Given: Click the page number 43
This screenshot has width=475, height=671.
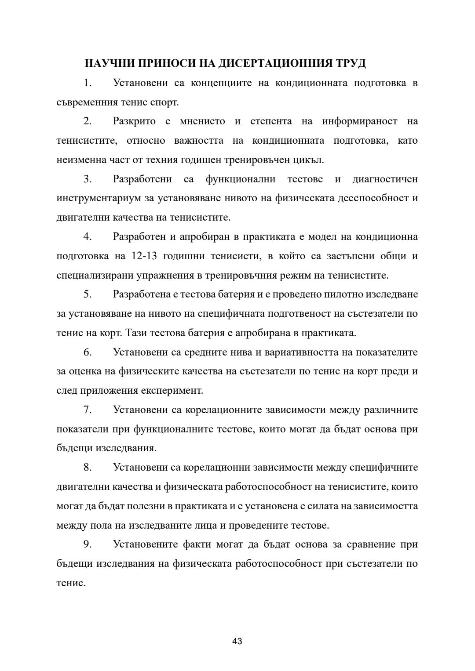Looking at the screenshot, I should pos(237,641).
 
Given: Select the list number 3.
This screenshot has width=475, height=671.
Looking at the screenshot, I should pos(88,179).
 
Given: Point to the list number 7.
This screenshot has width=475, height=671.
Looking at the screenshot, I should pos(88,410).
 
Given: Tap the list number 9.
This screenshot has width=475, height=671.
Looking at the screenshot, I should pos(88,544).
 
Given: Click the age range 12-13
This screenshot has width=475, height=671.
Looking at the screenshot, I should pos(144,256).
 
